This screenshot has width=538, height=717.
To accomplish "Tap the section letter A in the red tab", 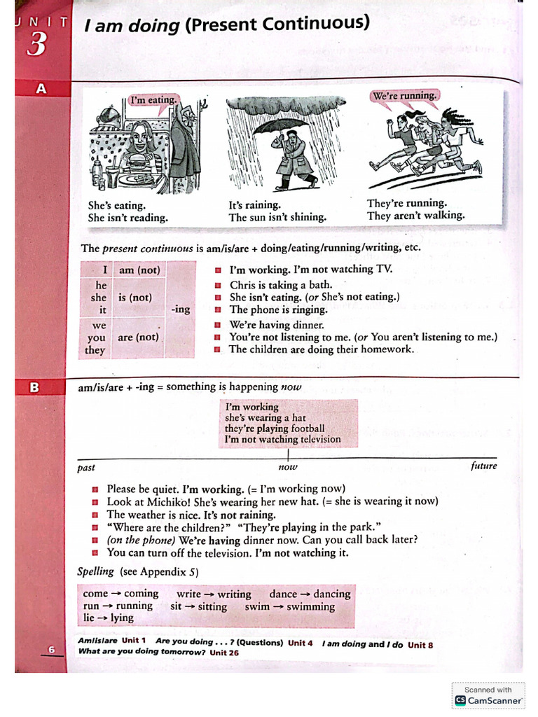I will [41, 89].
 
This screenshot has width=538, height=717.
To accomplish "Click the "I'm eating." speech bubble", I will [153, 100].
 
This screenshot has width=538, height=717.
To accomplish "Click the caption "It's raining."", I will [254, 205].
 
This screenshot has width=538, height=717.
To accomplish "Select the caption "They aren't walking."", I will [415, 216].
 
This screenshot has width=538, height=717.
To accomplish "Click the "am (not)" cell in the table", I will [139, 270].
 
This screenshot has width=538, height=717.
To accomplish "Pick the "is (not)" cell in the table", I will [134, 297].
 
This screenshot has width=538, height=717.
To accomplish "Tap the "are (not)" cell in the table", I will [138, 337].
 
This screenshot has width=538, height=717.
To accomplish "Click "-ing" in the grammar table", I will [180, 309].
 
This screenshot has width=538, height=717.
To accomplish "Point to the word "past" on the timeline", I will [86, 468].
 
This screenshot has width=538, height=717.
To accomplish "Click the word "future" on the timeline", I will [483, 466].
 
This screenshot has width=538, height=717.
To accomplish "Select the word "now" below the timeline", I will [287, 467].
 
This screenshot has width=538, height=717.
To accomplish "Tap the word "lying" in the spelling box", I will [121, 618].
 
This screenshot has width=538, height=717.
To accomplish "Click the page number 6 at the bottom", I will [51, 650].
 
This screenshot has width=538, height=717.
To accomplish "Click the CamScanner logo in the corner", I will [460, 700].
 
